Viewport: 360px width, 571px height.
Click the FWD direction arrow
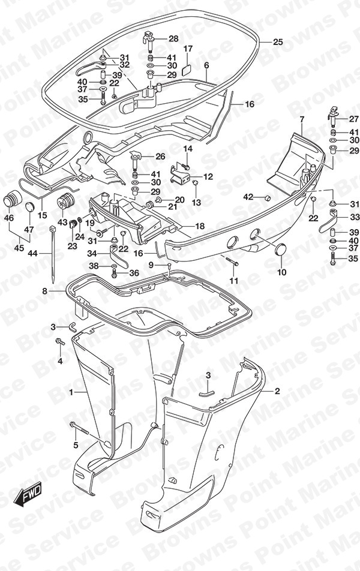coord(28,494)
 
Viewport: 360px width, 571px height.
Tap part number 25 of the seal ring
coord(278,42)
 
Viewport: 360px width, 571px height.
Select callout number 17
coord(188,49)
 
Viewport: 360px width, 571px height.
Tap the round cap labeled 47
coord(30,207)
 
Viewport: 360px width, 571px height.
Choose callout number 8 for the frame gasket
coord(44,291)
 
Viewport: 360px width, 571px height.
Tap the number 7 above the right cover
coord(302,119)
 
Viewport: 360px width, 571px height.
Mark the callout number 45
coord(19,248)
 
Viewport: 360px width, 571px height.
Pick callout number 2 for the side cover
coord(277,391)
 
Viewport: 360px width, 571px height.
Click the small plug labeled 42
coord(267,198)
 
